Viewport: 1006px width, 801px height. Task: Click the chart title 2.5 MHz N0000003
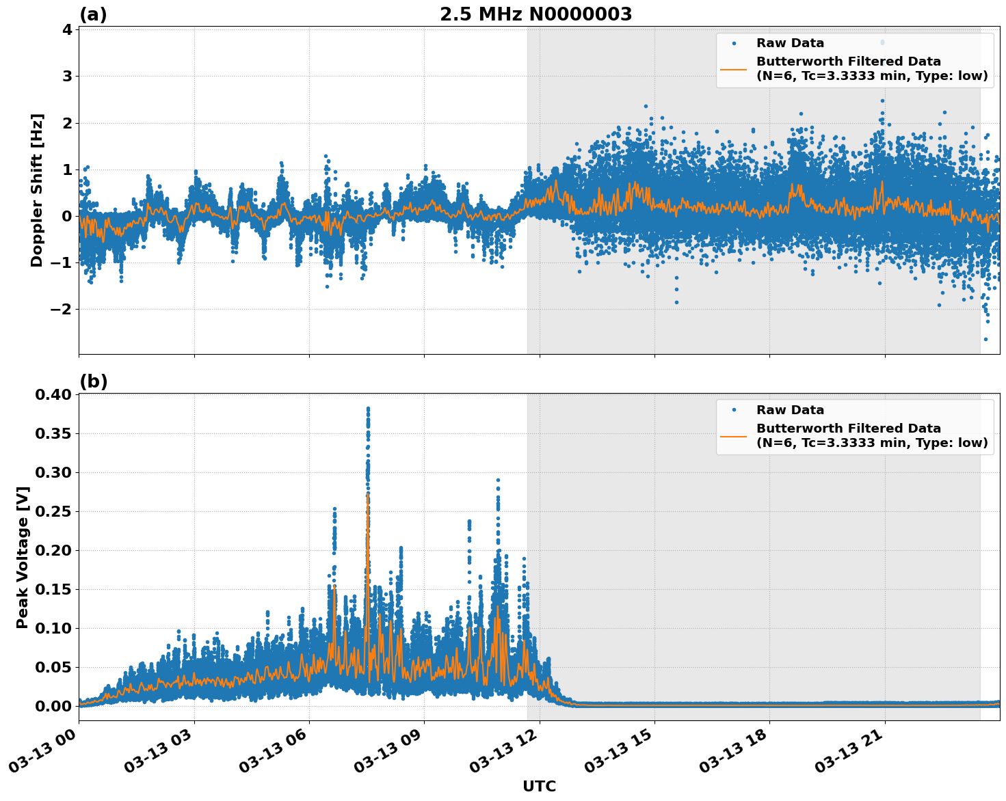coord(535,14)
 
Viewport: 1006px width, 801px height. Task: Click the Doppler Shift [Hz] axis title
coord(37,190)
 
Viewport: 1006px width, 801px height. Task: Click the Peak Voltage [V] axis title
coord(23,557)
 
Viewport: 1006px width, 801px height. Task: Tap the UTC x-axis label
coord(539,787)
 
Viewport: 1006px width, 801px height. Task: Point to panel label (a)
coord(93,14)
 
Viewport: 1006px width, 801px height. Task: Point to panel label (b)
coord(93,381)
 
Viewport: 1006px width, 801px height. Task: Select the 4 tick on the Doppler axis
coord(67,29)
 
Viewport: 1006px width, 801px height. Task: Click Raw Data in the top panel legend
coord(790,43)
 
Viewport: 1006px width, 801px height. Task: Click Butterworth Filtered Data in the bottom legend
coord(848,429)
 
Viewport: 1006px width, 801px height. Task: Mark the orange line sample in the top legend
coord(733,68)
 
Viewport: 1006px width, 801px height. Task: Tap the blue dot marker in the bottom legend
coord(733,410)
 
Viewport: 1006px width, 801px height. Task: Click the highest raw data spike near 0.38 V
coord(368,409)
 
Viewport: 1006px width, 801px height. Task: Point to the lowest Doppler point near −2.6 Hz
coord(985,339)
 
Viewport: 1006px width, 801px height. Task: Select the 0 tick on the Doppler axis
coord(67,216)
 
